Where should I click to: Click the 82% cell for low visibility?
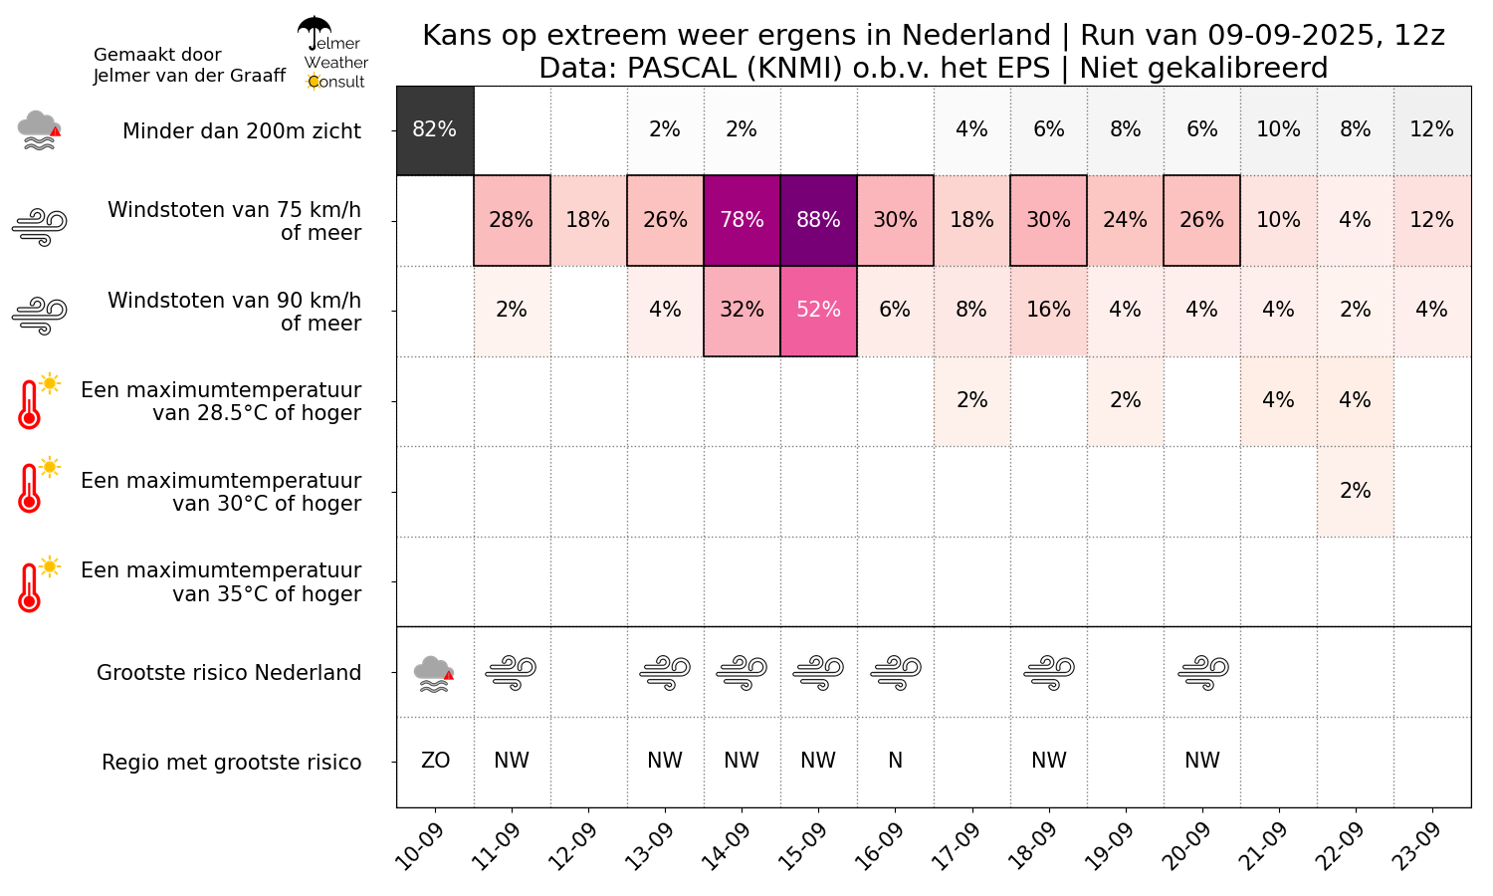point(435,130)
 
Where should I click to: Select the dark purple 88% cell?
point(818,221)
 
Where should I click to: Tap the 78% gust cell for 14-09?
point(742,221)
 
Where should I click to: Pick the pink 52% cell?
point(818,311)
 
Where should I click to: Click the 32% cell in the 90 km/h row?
point(742,311)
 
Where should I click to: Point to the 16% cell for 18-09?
point(1048,311)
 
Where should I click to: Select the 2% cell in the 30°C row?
point(1355,492)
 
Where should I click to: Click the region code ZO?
point(435,761)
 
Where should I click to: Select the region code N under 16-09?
point(895,761)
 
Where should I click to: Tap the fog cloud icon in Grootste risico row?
point(434,674)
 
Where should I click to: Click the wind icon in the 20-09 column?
point(1203,673)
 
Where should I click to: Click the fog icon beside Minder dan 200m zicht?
point(40,130)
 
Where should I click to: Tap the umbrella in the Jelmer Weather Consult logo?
point(314,32)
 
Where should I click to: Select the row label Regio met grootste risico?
point(231,762)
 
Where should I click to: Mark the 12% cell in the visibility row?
point(1431,130)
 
